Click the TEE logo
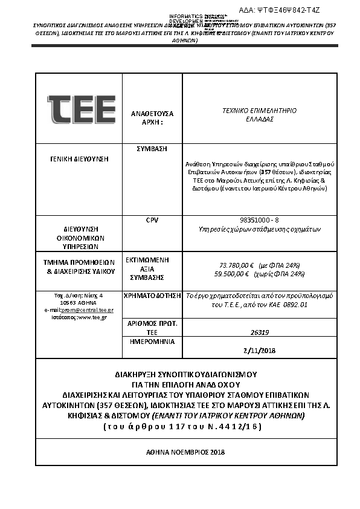82,109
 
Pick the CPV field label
152,221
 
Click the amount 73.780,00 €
236,265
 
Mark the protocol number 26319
259,332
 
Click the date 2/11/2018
259,350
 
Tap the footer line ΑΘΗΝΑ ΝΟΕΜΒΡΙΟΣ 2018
185,452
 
